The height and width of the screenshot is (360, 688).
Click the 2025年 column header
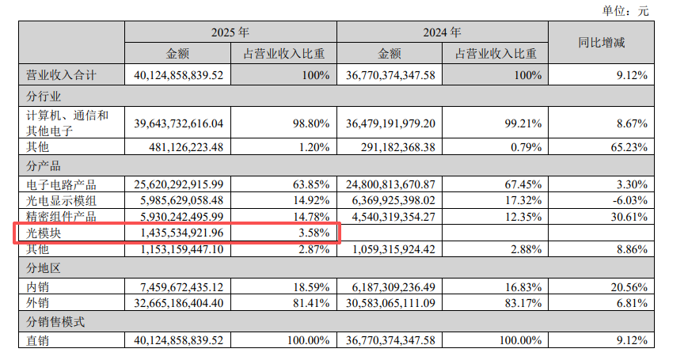(x=230, y=33)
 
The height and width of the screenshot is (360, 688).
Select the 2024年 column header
(x=442, y=33)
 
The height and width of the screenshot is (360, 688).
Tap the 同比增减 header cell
(x=601, y=43)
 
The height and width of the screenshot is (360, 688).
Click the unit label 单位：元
(x=625, y=11)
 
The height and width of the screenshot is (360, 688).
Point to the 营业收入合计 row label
(x=61, y=76)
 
